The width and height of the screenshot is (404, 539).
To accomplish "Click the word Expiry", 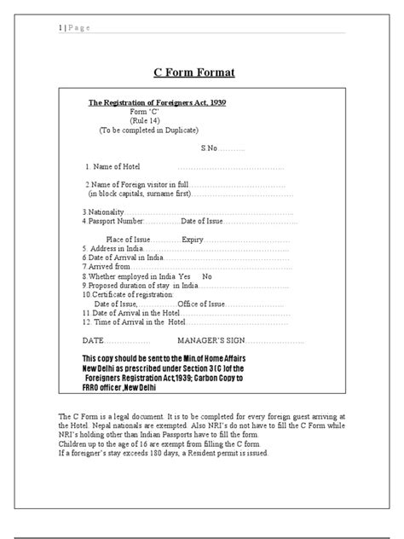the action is click(x=193, y=240).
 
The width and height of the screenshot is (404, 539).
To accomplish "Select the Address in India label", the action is click(x=113, y=249).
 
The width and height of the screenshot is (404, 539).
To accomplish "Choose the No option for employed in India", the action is click(x=206, y=276).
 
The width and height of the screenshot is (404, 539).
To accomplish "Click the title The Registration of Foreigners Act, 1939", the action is click(x=158, y=102).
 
